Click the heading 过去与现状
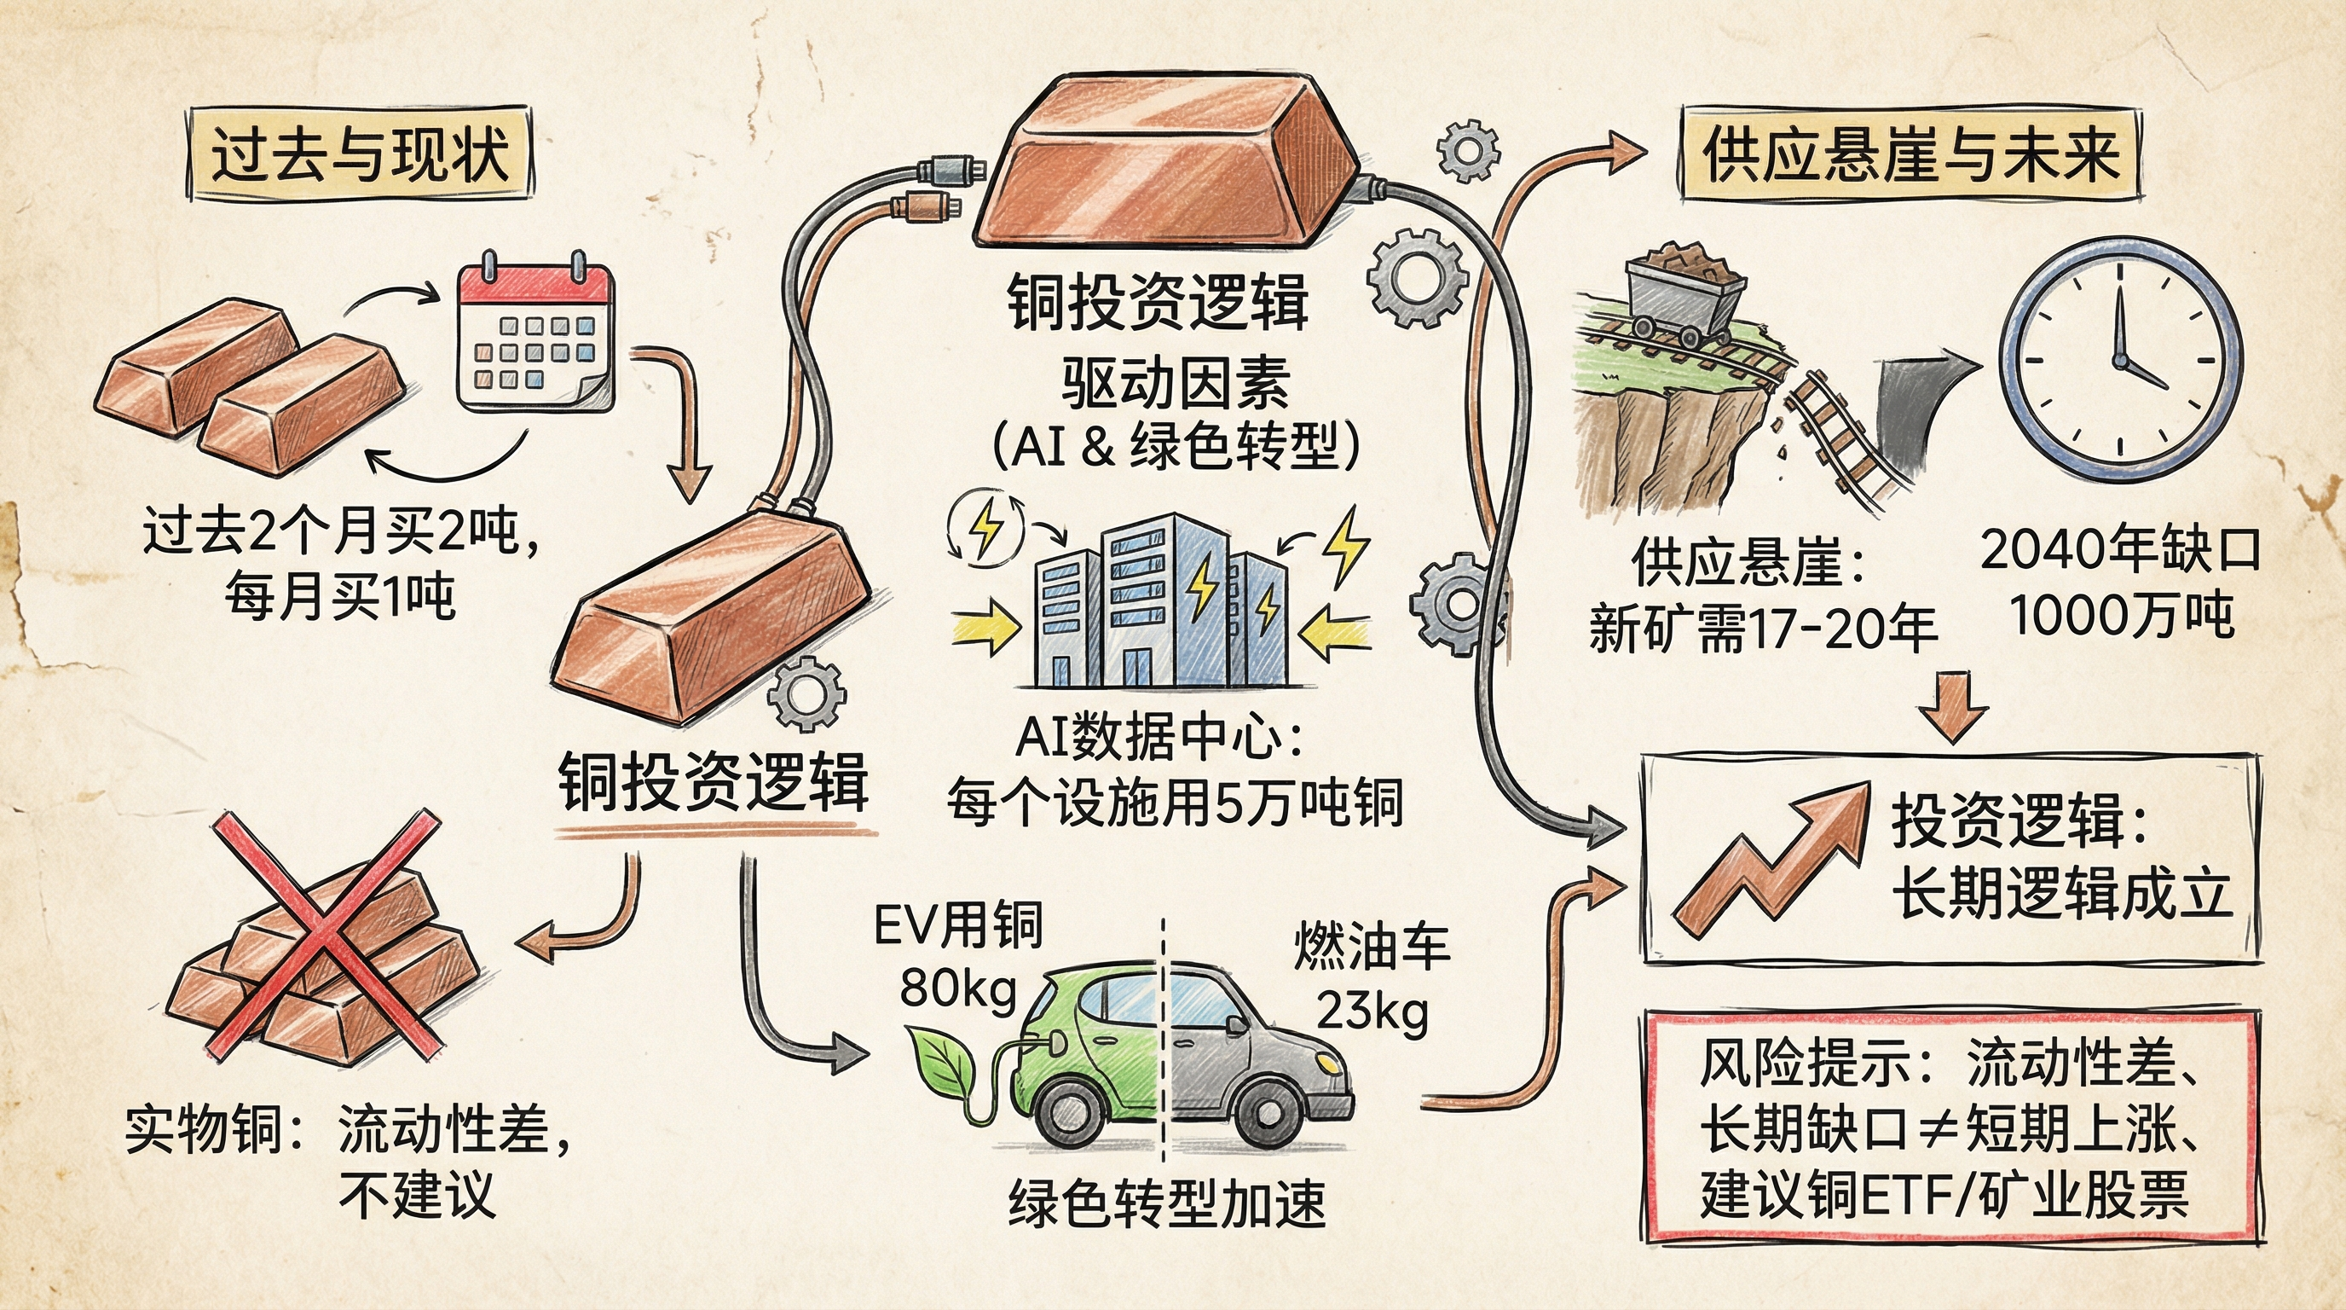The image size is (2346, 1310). (359, 153)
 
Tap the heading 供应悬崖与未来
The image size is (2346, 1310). (1910, 153)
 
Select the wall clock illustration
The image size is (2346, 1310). (2120, 360)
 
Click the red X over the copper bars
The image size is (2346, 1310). (326, 934)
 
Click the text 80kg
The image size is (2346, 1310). (958, 988)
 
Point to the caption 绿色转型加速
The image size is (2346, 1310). (1168, 1203)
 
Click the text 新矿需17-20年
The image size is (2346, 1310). (1762, 629)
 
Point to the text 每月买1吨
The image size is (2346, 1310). (339, 598)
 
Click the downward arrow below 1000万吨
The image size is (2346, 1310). (1954, 706)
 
